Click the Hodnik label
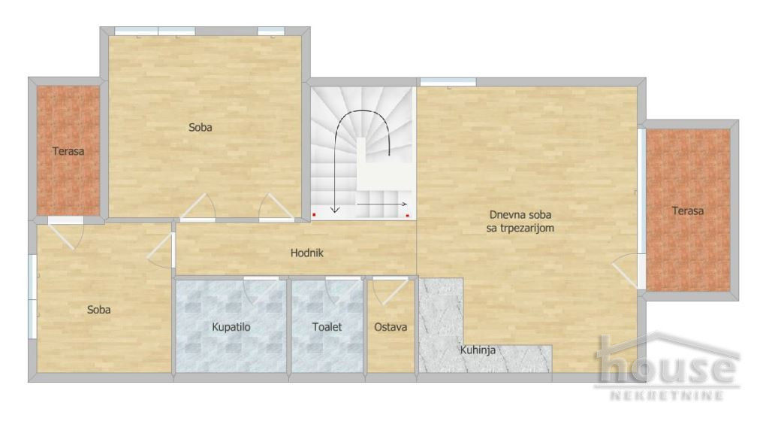coord(306,253)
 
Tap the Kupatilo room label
coord(231,327)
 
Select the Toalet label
coord(327,327)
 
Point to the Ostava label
coord(391,327)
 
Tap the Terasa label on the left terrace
coord(68,151)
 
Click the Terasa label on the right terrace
coord(687,211)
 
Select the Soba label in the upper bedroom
coord(200,128)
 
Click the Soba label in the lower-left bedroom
coord(98,309)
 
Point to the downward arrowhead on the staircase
coord(336,209)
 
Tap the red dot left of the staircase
coord(314,215)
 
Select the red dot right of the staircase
coord(407,215)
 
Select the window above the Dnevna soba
coord(448,82)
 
